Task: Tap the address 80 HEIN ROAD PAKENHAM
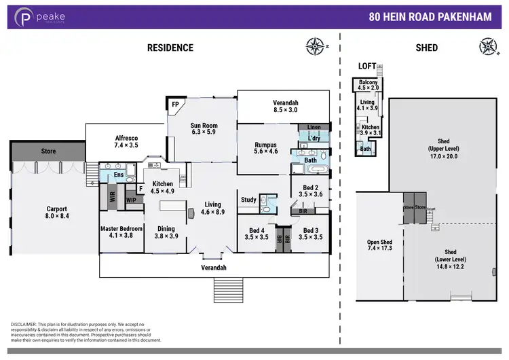pyautogui.click(x=430, y=17)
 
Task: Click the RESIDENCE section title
pyautogui.click(x=170, y=48)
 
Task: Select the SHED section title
pyautogui.click(x=426, y=48)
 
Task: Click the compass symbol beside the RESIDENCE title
pyautogui.click(x=315, y=47)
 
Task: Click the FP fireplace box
pyautogui.click(x=174, y=105)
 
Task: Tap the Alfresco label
pyautogui.click(x=126, y=141)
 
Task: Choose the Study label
pyautogui.click(x=248, y=200)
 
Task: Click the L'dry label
pyautogui.click(x=314, y=138)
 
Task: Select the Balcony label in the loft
pyautogui.click(x=369, y=84)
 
